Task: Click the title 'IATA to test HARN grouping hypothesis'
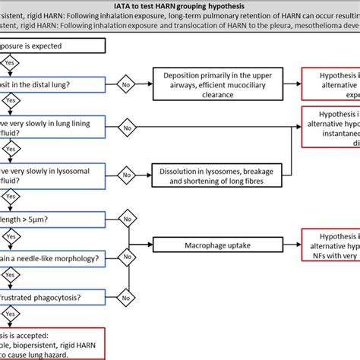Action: (179, 7)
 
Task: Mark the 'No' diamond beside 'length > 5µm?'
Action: (128, 221)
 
